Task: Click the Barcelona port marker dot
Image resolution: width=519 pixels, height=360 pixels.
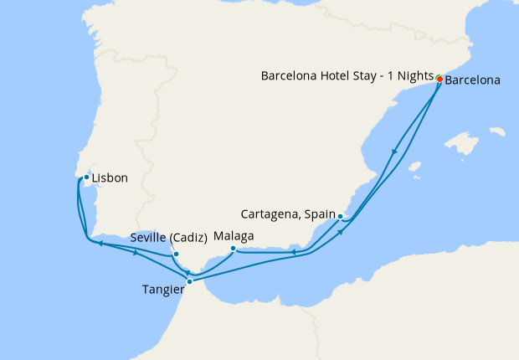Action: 439,80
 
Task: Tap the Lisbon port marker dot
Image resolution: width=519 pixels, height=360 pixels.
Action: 86,177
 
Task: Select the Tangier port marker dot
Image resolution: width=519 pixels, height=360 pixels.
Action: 189,281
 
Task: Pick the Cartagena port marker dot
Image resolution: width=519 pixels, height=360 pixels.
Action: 340,216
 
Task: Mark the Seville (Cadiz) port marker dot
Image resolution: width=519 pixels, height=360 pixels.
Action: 176,254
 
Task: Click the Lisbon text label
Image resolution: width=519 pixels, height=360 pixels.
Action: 110,178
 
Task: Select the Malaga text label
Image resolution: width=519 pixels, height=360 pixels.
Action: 234,236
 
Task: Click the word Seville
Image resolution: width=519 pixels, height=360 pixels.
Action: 148,238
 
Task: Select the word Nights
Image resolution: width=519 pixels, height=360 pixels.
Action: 410,76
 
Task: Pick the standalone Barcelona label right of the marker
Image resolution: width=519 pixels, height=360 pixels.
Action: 473,81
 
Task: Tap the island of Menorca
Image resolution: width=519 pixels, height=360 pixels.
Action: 497,131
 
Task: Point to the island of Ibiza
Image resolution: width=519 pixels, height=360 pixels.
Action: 413,167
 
